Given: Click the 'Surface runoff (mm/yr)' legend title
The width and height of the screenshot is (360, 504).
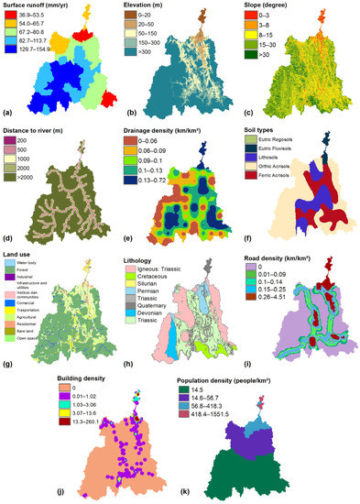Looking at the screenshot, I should (43, 6).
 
